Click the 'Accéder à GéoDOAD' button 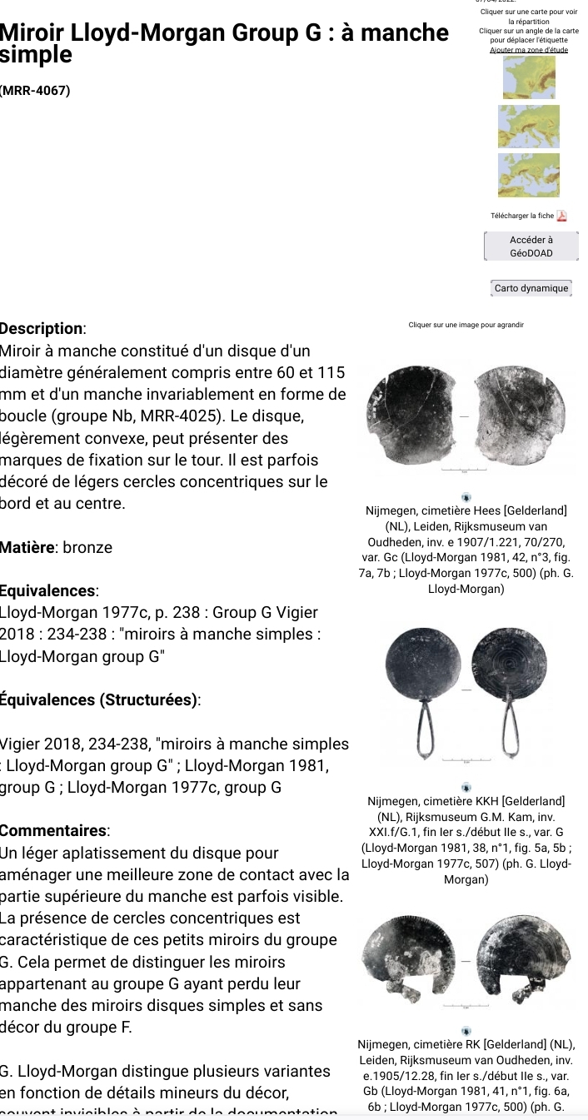[531, 246]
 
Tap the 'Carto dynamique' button [531, 288]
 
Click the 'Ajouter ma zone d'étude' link [528, 50]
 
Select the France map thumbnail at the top [528, 77]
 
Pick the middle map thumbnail [528, 127]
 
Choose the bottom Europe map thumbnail [528, 175]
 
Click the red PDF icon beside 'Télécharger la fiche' [561, 216]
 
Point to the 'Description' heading [42, 329]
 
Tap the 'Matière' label [27, 548]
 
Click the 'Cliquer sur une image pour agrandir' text [466, 325]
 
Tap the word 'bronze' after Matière [87, 548]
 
